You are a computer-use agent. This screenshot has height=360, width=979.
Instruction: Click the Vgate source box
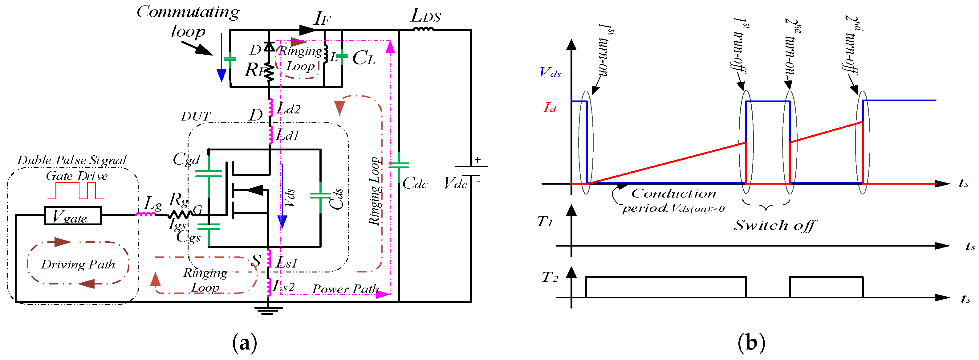(73, 215)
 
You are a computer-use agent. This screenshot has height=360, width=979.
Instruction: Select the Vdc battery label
(455, 184)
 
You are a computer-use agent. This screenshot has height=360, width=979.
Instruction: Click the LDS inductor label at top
(426, 16)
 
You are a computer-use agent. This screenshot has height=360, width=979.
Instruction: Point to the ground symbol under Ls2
(269, 310)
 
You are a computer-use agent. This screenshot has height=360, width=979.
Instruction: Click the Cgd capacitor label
(186, 159)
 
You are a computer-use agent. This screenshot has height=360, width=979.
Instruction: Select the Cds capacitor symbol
(320, 195)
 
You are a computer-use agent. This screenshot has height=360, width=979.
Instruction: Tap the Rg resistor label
(179, 199)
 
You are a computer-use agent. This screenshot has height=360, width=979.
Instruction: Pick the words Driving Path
(78, 264)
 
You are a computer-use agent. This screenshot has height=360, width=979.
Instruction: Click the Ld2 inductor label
(288, 109)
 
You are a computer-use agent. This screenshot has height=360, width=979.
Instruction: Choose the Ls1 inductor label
(286, 262)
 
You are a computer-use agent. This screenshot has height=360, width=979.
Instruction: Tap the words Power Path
(345, 289)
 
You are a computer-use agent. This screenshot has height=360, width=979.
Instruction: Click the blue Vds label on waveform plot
(550, 72)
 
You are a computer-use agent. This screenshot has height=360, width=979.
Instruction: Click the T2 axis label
(550, 277)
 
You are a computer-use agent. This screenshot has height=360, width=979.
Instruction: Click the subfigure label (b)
(751, 343)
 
